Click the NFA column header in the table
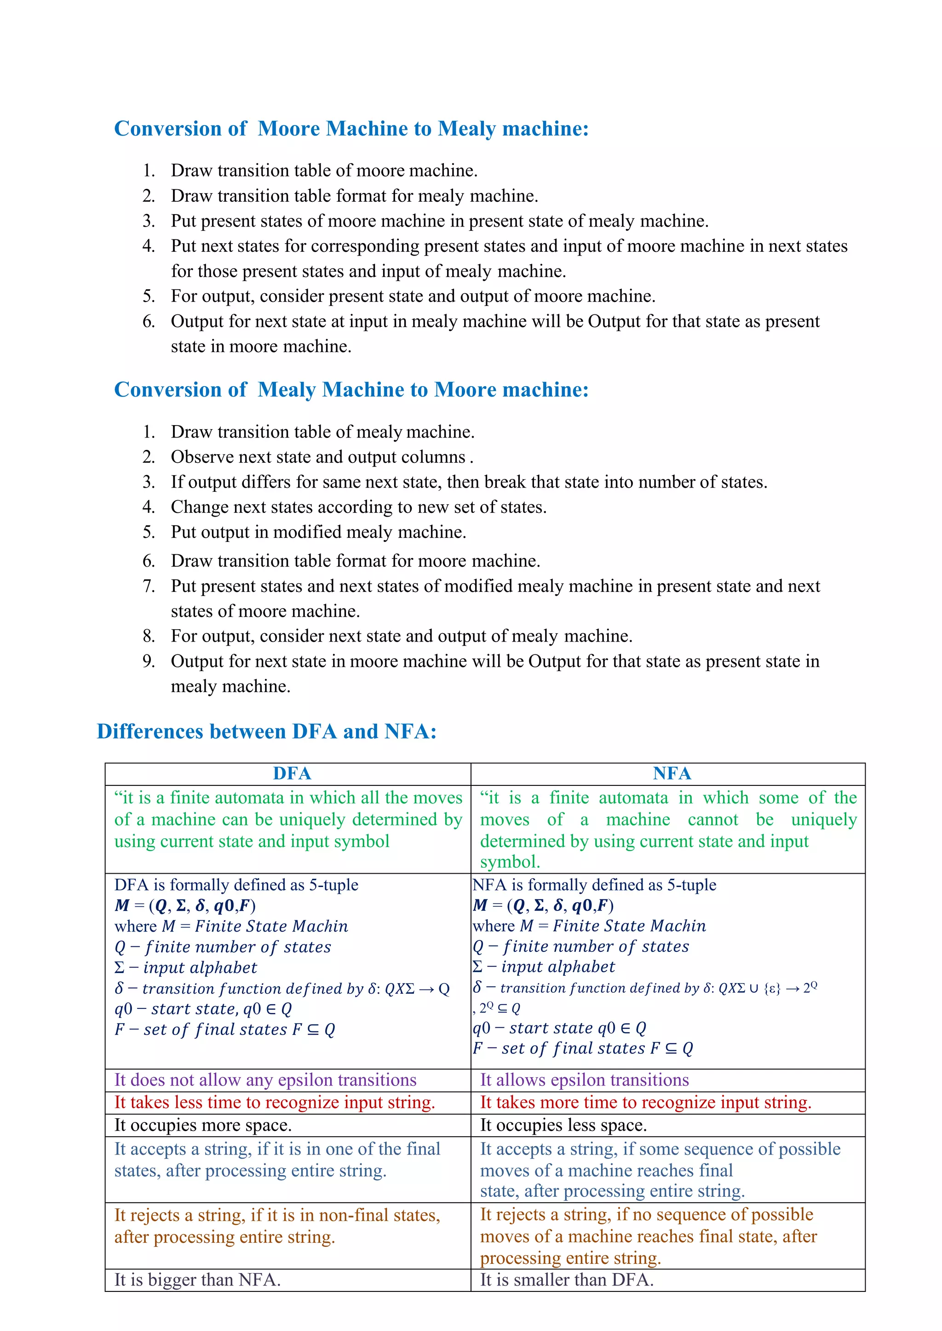[x=671, y=774]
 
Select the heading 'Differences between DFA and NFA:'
[x=266, y=731]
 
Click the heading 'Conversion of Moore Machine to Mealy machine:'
[x=351, y=128]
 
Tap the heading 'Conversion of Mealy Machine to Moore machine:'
[x=351, y=390]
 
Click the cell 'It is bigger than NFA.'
[x=197, y=1280]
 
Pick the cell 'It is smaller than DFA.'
[x=566, y=1280]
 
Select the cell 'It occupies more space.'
[x=202, y=1125]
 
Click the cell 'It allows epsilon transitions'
[x=584, y=1080]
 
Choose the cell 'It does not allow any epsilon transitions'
[x=265, y=1080]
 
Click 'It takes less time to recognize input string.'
[x=274, y=1102]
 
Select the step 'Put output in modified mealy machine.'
[x=318, y=532]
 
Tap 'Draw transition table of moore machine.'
[x=324, y=171]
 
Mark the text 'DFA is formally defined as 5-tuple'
[x=236, y=885]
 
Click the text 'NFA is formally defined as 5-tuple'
[x=594, y=885]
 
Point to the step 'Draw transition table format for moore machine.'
[x=355, y=561]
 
